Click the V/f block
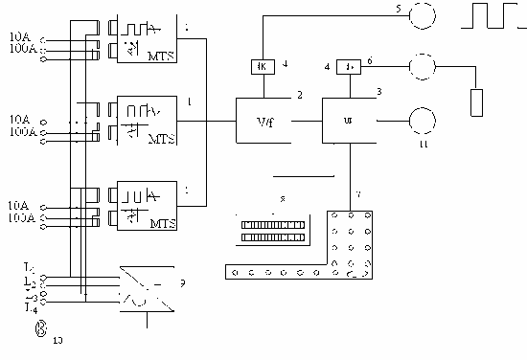coord(265,122)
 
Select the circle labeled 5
coord(423,14)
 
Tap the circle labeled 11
coord(423,120)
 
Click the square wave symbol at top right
coord(490,16)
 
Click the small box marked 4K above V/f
coord(262,66)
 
